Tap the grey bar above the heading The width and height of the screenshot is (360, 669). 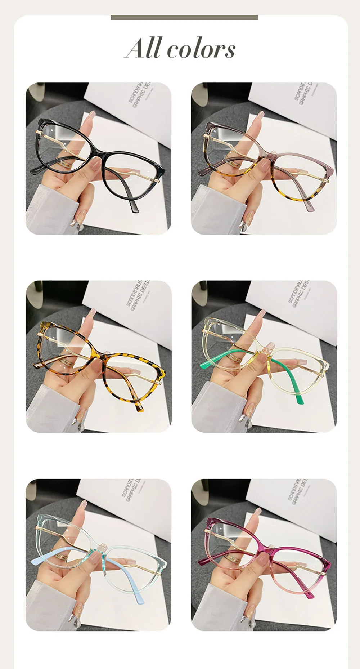184,18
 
